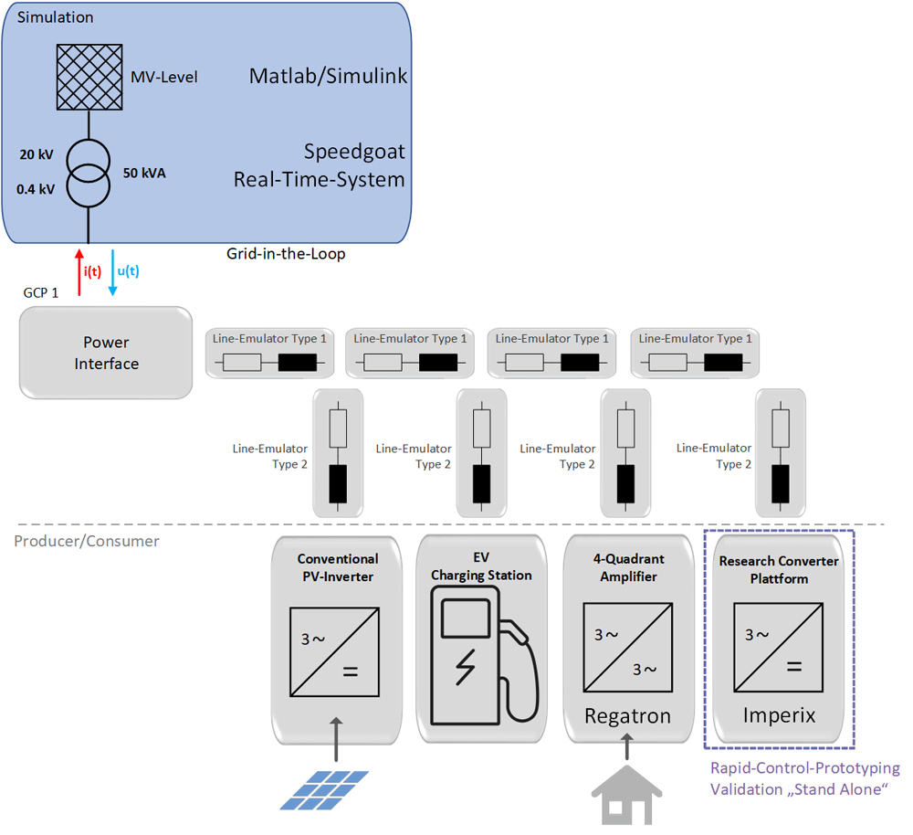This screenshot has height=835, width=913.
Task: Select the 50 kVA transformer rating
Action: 145,172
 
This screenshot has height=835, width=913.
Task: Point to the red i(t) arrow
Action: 79,271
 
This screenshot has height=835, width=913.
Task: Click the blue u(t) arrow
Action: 112,271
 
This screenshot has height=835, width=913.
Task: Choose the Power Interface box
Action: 106,353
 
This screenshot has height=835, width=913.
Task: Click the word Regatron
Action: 627,716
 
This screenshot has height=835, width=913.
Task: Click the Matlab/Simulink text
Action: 328,76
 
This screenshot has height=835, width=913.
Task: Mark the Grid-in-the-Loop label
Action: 286,253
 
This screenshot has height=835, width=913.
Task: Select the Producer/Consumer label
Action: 87,541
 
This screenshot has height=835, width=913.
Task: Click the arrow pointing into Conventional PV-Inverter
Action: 337,739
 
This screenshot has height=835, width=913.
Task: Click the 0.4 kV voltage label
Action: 37,189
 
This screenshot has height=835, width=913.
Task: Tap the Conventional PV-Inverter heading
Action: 337,566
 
